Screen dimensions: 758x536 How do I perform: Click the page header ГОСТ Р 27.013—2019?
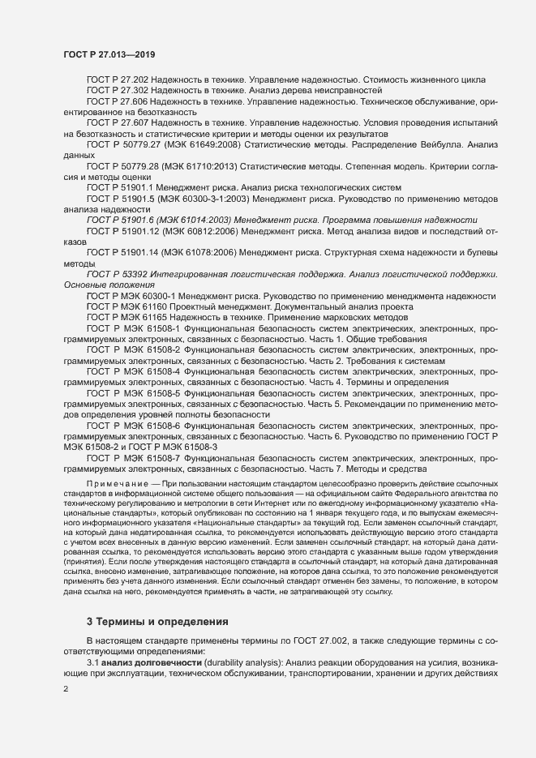coord(109,54)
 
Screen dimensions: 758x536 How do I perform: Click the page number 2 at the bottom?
coord(66,689)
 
